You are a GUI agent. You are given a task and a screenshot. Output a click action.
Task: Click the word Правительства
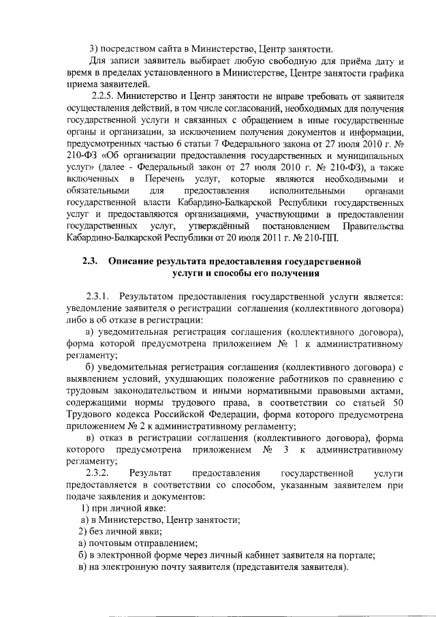pos(374,226)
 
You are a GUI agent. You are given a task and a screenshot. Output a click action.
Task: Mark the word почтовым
pos(112,543)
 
